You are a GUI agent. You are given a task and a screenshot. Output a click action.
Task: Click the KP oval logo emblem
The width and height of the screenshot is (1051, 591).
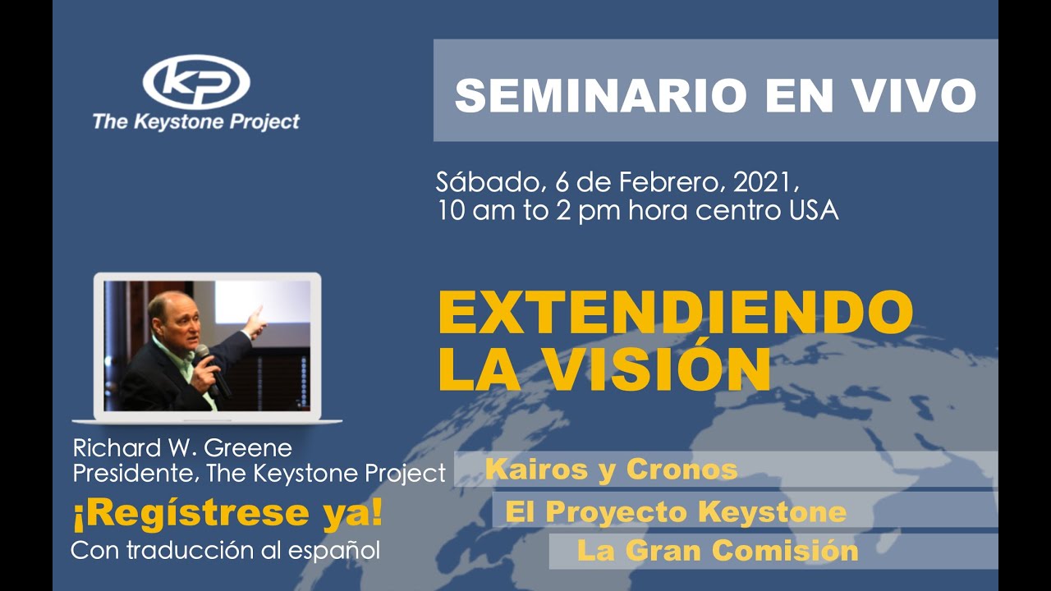(x=196, y=82)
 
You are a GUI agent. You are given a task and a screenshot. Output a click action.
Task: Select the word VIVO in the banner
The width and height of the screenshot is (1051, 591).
(x=911, y=96)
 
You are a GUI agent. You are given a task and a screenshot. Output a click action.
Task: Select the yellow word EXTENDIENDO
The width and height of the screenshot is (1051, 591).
(x=675, y=313)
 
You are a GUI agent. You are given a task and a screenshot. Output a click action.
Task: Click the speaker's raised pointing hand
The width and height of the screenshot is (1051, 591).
(x=255, y=320)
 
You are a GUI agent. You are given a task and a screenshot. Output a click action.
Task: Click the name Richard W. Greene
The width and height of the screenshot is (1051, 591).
(x=182, y=448)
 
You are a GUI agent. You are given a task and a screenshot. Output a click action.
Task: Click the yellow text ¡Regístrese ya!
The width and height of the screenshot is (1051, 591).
(x=227, y=513)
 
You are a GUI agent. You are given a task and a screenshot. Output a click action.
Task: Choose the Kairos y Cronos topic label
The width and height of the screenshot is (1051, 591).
(x=611, y=470)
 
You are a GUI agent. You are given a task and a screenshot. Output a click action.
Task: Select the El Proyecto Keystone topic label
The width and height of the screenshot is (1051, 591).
(x=675, y=511)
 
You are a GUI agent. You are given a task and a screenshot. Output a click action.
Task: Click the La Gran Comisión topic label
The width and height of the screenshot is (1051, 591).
(x=718, y=551)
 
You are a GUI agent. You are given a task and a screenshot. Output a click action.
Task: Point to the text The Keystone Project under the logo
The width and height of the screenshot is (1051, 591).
(x=195, y=121)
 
